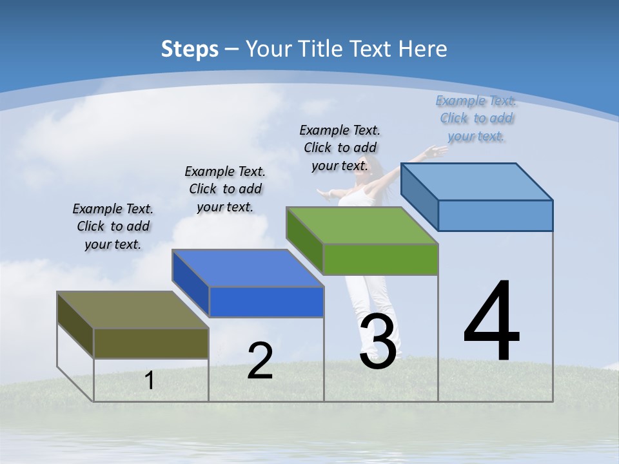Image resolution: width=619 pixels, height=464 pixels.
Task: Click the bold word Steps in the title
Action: (x=189, y=49)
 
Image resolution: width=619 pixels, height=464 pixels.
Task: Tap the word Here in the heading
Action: (x=423, y=49)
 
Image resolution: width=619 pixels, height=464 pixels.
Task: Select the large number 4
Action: (x=491, y=322)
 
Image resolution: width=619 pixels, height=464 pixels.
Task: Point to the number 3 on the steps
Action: (x=378, y=342)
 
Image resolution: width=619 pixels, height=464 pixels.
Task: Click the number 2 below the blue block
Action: (x=260, y=361)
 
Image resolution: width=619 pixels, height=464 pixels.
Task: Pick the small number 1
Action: (x=149, y=380)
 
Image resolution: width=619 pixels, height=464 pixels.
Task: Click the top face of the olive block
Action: (x=132, y=310)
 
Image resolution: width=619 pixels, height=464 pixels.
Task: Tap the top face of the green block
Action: (x=362, y=226)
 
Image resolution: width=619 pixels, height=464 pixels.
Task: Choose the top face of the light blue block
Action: (x=477, y=182)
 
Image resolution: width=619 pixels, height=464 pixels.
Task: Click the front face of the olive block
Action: (x=151, y=343)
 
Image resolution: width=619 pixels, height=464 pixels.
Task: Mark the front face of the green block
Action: (x=380, y=259)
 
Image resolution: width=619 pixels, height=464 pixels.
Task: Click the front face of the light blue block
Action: (x=495, y=215)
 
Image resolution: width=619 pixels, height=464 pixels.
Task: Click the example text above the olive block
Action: (x=113, y=226)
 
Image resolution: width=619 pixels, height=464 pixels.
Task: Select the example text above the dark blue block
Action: (x=225, y=189)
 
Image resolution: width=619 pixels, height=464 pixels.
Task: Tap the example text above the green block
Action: (x=340, y=148)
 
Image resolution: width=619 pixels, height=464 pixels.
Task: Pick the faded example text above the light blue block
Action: (x=476, y=118)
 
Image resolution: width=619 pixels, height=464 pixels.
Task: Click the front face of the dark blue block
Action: (x=266, y=302)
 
